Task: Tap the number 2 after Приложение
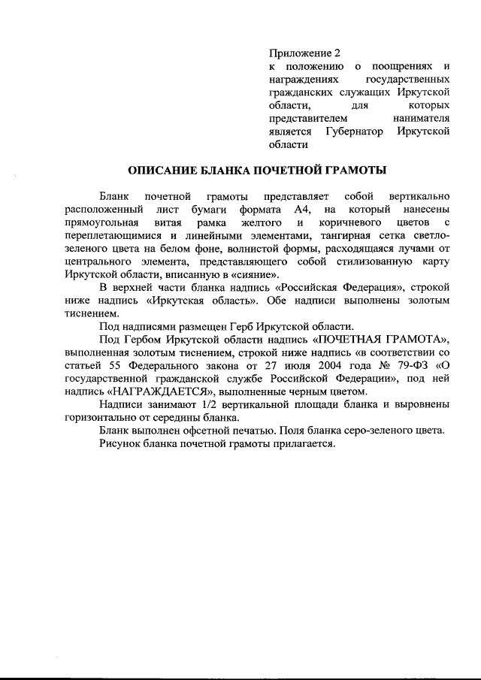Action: pyautogui.click(x=337, y=53)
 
